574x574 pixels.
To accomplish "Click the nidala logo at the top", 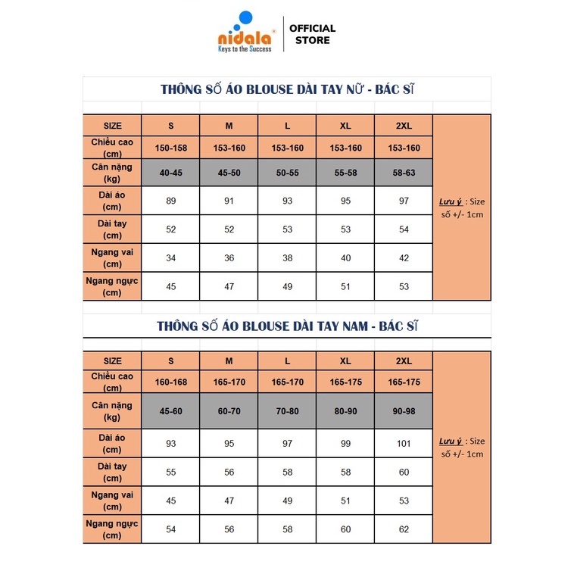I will [x=242, y=33].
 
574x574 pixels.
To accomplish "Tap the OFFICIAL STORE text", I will [x=312, y=34].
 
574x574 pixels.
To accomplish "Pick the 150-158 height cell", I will [x=170, y=148].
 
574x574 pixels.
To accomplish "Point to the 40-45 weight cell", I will [x=170, y=173].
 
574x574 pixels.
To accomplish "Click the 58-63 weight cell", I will [x=404, y=173].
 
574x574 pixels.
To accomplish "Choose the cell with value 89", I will [x=170, y=201].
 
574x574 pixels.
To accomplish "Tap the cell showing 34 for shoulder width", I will [x=170, y=258].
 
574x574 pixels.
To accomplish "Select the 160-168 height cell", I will [x=170, y=382].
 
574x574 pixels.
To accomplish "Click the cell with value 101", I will [x=404, y=443].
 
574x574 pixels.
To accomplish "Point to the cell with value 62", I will [x=404, y=529].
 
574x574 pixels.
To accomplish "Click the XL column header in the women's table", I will [x=345, y=126].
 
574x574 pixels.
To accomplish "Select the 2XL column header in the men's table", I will [x=404, y=361].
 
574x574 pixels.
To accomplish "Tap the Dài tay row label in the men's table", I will [x=112, y=473].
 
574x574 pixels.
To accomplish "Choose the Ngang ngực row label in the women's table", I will [x=112, y=286].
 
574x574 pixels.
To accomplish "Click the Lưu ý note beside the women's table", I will [x=462, y=207].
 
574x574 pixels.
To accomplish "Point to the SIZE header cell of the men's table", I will [x=112, y=361].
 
